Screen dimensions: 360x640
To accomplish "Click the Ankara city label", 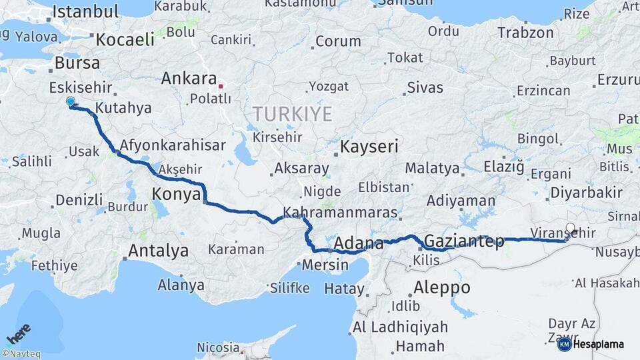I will click(189, 79).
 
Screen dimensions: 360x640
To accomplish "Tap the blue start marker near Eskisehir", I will click(71, 102).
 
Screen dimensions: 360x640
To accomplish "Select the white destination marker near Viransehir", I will click(570, 228).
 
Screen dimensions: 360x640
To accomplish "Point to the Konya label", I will click(177, 194).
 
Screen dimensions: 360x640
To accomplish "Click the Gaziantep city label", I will click(464, 241).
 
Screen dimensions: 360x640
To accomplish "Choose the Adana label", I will click(359, 243).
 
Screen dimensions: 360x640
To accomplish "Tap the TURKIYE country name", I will click(292, 114).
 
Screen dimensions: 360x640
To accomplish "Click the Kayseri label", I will click(369, 146).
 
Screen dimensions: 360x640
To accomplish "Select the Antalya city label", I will click(158, 251).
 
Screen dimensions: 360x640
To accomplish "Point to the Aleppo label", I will click(442, 288).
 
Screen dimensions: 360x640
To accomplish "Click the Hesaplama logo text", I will click(598, 344).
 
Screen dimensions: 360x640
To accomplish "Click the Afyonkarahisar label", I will click(173, 145).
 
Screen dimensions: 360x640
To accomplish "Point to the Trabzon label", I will click(525, 32).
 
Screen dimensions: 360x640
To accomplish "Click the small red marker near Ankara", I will click(221, 86).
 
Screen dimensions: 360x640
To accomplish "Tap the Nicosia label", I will click(218, 347).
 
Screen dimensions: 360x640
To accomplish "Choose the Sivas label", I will click(425, 87).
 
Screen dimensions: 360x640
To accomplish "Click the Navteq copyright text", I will click(21, 354).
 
